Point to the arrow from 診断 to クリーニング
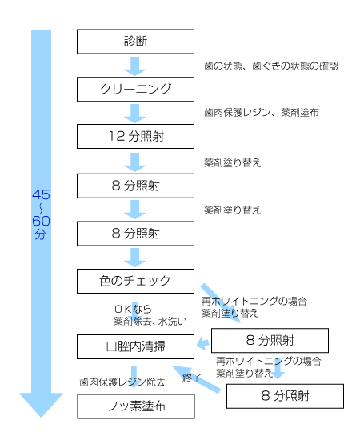tap(135, 66)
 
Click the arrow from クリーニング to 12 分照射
tap(135, 114)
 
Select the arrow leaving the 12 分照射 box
tap(135, 162)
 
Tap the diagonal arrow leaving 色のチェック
tap(221, 303)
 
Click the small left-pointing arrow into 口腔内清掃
tap(203, 343)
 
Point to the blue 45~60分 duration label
tap(41, 214)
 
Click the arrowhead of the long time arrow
tap(41, 405)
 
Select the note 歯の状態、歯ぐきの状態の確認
tap(271, 66)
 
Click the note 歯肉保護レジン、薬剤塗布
tap(262, 113)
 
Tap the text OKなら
tap(134, 309)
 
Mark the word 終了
tap(192, 378)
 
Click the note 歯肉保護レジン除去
tap(122, 382)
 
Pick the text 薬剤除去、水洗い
tap(150, 321)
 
